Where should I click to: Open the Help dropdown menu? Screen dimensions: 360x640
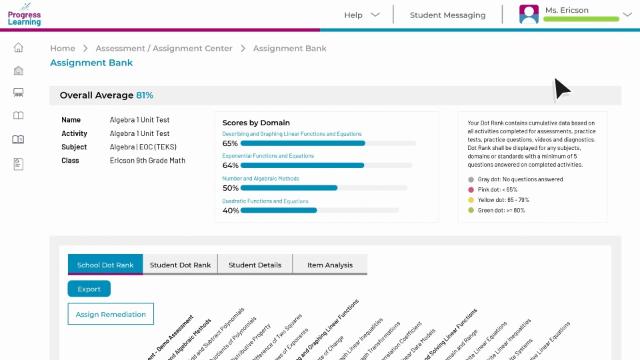click(362, 15)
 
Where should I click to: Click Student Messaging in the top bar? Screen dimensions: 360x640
click(447, 15)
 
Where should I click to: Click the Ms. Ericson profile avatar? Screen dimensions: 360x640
click(529, 15)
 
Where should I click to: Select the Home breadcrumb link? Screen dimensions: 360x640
click(63, 48)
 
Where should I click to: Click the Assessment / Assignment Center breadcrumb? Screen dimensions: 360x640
click(164, 48)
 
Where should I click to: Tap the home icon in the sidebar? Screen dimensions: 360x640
click(19, 47)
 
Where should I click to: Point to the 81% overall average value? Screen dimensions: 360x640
click(145, 95)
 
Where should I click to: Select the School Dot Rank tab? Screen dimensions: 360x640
click(105, 265)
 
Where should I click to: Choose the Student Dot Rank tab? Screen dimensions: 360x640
click(180, 265)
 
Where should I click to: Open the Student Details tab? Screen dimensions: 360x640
click(255, 265)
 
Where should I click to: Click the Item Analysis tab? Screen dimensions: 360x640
click(330, 265)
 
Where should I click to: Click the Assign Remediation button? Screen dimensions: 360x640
click(111, 314)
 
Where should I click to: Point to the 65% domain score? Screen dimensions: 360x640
click(230, 143)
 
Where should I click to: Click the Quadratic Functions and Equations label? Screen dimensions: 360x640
click(265, 201)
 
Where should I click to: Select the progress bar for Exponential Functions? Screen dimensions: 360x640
click(302, 165)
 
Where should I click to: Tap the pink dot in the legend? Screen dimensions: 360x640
click(471, 189)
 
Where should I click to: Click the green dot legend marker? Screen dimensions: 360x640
click(471, 210)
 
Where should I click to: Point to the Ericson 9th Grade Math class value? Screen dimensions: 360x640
click(147, 161)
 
